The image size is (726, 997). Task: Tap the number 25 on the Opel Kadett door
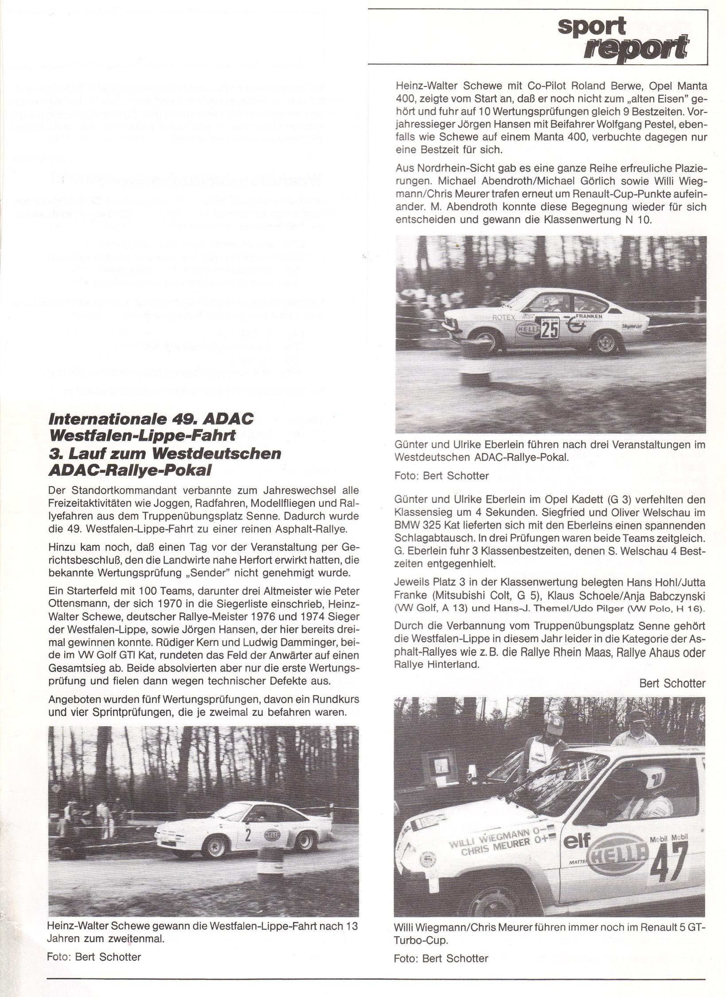click(x=550, y=327)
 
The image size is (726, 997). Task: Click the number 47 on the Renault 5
click(x=670, y=834)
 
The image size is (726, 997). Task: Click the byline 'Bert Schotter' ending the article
click(x=672, y=683)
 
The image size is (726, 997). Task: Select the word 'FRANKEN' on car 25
click(x=589, y=316)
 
